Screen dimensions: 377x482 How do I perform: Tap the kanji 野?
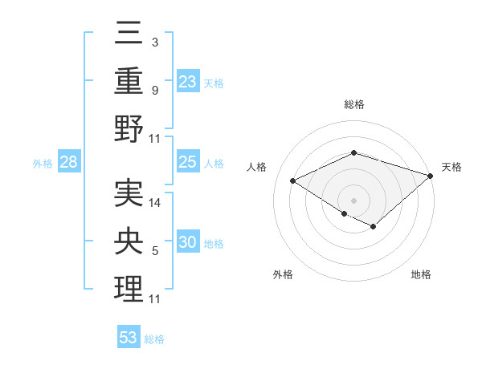click(129, 128)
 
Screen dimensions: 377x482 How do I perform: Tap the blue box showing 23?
click(187, 81)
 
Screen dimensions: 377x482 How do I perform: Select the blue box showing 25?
click(187, 163)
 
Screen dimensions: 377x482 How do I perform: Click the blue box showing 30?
click(187, 243)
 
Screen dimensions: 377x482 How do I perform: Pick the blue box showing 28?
click(69, 163)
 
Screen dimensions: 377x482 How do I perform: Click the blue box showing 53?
click(129, 338)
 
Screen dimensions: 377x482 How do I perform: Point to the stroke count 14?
click(155, 203)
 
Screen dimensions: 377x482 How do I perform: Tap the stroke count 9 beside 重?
click(155, 90)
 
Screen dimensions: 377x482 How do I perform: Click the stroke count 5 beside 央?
click(155, 252)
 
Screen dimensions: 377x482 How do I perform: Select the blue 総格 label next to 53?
click(154, 339)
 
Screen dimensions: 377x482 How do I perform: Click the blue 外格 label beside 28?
click(43, 164)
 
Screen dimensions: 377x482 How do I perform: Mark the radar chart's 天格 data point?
click(431, 175)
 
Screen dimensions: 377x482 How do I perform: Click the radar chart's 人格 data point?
click(293, 181)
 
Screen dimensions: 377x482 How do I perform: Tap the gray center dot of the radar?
click(353, 199)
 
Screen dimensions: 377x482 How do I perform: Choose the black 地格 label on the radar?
click(421, 274)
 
